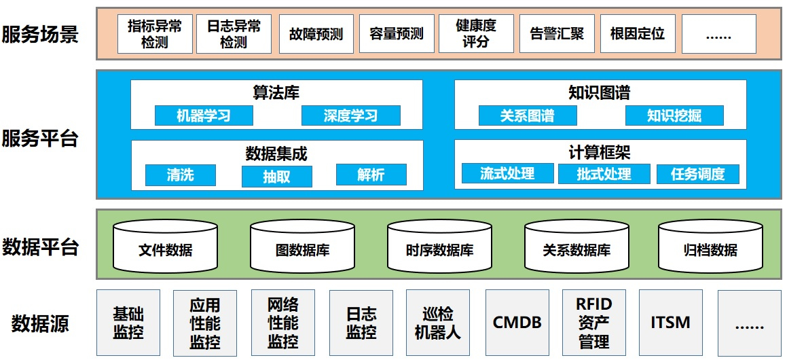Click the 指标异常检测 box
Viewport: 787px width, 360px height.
click(x=155, y=34)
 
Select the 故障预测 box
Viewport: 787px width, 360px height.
click(x=316, y=34)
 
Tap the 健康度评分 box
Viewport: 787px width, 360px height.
click(x=476, y=34)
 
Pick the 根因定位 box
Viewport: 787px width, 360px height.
click(x=637, y=34)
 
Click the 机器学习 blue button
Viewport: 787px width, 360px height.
click(x=204, y=116)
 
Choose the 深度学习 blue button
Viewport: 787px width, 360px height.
click(x=350, y=116)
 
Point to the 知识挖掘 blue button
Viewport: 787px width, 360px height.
click(x=674, y=116)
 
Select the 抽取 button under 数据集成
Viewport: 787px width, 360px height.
click(x=276, y=177)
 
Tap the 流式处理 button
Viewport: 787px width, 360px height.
click(x=507, y=174)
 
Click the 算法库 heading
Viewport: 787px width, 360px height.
click(x=276, y=92)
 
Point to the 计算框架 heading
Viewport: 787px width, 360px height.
click(x=600, y=152)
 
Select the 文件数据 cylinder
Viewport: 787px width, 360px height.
click(x=165, y=246)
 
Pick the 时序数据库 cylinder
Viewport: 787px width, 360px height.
click(x=439, y=246)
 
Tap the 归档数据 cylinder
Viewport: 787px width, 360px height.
click(x=710, y=246)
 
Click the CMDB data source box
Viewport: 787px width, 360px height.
click(x=517, y=323)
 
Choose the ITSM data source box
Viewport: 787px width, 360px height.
click(x=670, y=323)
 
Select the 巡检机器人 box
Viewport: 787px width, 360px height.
click(x=437, y=323)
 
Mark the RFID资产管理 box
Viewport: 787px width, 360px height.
click(x=594, y=323)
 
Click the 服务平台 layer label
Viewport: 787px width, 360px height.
click(x=40, y=139)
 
